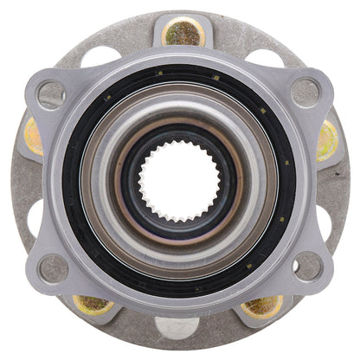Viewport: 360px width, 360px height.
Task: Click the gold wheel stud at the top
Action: (183, 33)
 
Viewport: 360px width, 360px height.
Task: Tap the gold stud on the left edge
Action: (33, 137)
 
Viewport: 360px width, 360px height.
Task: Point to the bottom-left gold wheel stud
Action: (92, 305)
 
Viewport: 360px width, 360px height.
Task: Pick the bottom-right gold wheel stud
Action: (263, 305)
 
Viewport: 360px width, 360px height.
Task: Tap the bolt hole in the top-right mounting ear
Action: (305, 90)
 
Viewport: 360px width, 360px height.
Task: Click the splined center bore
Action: (180, 179)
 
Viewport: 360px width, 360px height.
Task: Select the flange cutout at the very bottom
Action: (180, 326)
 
